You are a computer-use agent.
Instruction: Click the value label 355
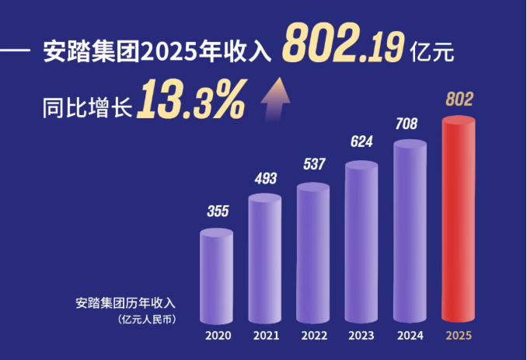pyautogui.click(x=217, y=211)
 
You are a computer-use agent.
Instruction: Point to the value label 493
pyautogui.click(x=266, y=179)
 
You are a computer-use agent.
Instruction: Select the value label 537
pyautogui.click(x=313, y=165)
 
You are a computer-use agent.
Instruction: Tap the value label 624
pyautogui.click(x=361, y=142)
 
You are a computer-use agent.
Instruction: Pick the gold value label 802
pyautogui.click(x=459, y=99)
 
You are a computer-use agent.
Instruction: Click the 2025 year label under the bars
pyautogui.click(x=458, y=337)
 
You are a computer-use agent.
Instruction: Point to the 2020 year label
pyautogui.click(x=218, y=337)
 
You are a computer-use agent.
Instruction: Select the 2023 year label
pyautogui.click(x=361, y=337)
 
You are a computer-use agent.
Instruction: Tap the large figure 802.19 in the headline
pyautogui.click(x=343, y=43)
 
